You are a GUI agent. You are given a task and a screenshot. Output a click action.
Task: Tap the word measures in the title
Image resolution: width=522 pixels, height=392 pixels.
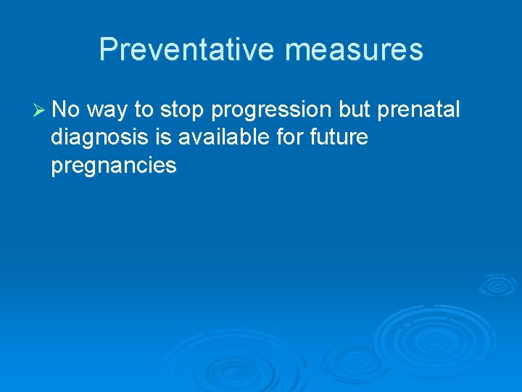354,49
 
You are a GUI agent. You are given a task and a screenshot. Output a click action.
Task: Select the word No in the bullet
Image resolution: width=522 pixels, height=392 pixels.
67,110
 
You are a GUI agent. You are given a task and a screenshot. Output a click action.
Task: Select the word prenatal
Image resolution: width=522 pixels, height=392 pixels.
419,110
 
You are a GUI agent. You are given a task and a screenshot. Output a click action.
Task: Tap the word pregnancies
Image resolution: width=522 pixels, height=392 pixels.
114,166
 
